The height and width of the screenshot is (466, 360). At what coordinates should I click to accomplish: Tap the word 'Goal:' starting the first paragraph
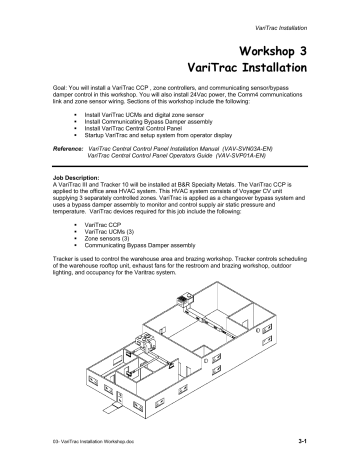(63, 88)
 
